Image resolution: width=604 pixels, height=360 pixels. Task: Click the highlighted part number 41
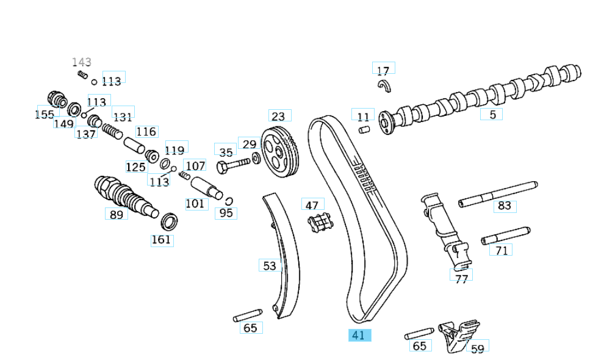[359, 335]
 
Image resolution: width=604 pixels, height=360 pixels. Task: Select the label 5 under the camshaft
[492, 113]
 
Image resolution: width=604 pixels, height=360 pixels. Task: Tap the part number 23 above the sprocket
[278, 116]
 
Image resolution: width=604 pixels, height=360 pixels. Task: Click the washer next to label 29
[256, 159]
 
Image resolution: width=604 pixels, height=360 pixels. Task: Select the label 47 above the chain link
[312, 205]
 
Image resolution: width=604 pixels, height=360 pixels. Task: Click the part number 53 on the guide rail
[270, 265]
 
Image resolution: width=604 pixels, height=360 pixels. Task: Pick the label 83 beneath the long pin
[504, 206]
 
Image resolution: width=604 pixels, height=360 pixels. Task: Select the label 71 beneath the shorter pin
[501, 250]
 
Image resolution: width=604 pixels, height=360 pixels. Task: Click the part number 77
[461, 279]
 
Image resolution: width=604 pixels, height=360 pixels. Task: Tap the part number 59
[478, 348]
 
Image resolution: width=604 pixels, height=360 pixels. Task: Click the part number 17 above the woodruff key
[383, 70]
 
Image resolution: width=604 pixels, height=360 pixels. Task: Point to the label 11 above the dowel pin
[363, 116]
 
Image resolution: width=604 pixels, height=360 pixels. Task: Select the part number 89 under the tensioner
[116, 214]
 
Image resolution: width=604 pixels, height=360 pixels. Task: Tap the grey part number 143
[81, 62]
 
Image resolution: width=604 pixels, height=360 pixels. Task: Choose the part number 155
[44, 114]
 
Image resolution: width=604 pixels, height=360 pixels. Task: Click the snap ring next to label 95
[229, 201]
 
